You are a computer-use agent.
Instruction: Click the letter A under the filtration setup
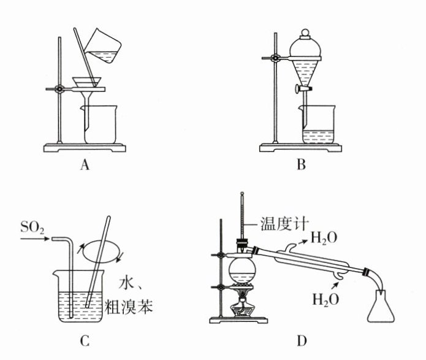coord(85,164)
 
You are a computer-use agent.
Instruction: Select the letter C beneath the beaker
coord(86,339)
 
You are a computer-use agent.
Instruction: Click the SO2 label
coord(32,228)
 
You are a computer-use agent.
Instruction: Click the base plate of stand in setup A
coord(86,147)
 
